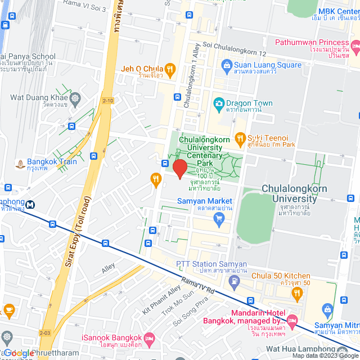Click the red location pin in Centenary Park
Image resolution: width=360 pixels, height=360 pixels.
[x=179, y=169]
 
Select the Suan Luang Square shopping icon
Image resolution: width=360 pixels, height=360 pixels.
[x=227, y=65]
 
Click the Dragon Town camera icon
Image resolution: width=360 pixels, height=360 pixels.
[x=218, y=103]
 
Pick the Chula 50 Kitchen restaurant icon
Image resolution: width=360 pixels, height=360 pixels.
[x=296, y=292]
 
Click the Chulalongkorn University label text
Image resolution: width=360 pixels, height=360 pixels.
[x=294, y=193]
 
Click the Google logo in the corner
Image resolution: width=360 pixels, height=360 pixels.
[x=19, y=353]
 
